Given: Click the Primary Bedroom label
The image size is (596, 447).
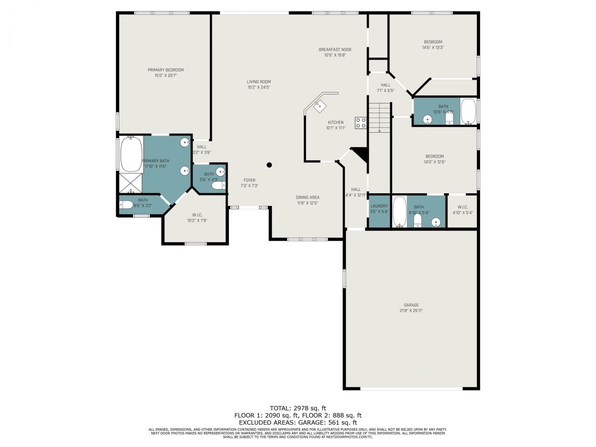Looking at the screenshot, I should [165, 70].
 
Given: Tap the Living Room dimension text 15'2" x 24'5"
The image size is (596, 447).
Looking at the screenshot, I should [258, 87].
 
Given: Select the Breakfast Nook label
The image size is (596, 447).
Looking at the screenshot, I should [335, 49].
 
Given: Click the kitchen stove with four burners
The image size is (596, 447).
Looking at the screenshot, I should [361, 123].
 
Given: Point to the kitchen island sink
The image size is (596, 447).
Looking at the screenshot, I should [320, 106].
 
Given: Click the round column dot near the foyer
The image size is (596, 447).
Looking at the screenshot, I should [269, 164].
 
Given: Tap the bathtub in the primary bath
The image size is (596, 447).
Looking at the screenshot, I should [131, 155].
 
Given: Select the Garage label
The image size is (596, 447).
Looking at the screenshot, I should [411, 305].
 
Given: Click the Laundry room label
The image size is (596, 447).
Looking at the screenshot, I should [379, 206].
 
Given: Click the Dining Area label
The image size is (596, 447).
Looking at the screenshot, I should [307, 197].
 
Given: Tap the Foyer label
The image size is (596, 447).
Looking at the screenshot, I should [249, 180].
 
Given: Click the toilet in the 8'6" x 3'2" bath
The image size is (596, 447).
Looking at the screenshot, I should [126, 205].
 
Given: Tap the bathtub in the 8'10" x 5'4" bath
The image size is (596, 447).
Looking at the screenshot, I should [399, 212].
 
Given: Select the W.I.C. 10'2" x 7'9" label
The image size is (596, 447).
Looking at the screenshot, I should [197, 215].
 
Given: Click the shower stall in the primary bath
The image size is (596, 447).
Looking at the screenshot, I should [130, 183].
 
